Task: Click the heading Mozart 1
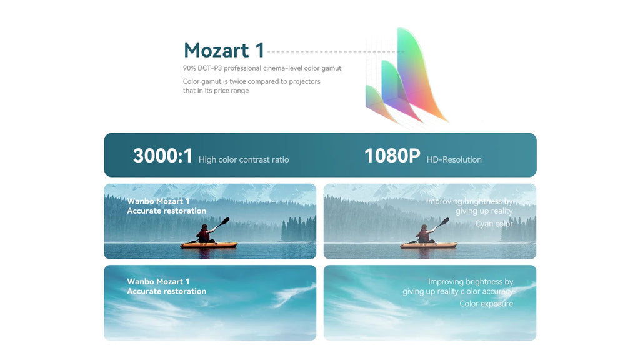pos(224,51)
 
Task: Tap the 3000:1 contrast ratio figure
pos(163,156)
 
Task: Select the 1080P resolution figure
pos(392,156)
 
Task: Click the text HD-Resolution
pos(454,160)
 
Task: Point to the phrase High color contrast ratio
pos(244,160)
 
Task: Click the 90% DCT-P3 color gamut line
pos(262,68)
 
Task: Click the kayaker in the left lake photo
pos(204,234)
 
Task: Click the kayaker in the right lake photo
pos(424,234)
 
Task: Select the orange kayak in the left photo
pos(209,245)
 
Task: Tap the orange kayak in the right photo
pos(428,245)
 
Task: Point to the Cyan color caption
pos(494,224)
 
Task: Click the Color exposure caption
pos(486,304)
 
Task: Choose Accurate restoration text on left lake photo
pos(166,211)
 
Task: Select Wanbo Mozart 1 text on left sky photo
pos(158,282)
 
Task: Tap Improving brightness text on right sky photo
pos(470,282)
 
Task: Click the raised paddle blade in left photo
pos(226,221)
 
